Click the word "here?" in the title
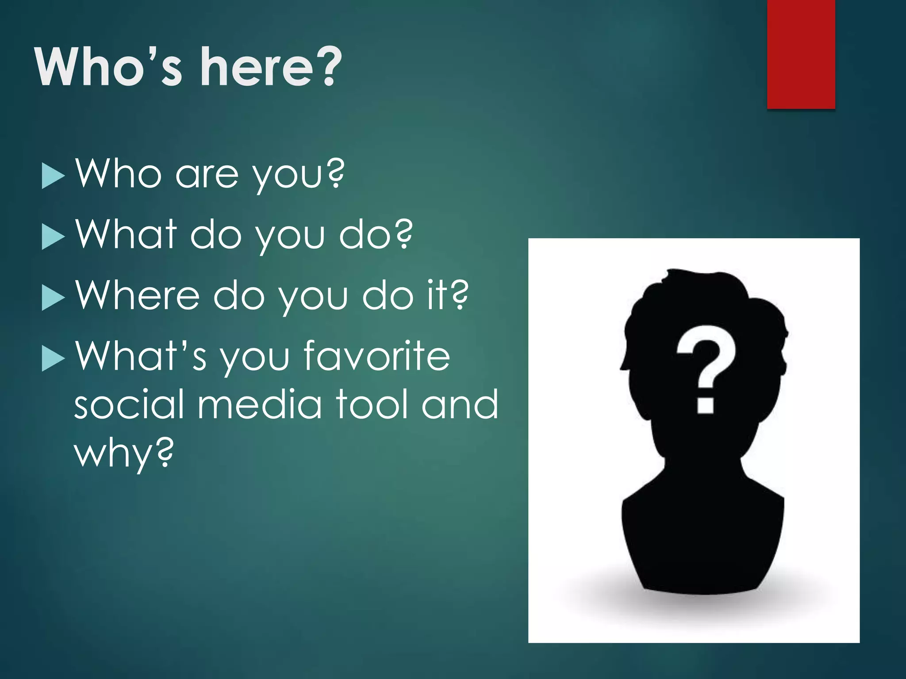[271, 67]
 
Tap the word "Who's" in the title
[109, 67]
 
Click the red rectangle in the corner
[801, 54]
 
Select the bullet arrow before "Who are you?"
[53, 176]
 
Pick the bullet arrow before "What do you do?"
[53, 237]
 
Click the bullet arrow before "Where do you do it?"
[53, 298]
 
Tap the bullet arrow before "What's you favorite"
[53, 359]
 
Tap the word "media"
[260, 404]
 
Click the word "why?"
[124, 453]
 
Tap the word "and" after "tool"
[460, 404]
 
